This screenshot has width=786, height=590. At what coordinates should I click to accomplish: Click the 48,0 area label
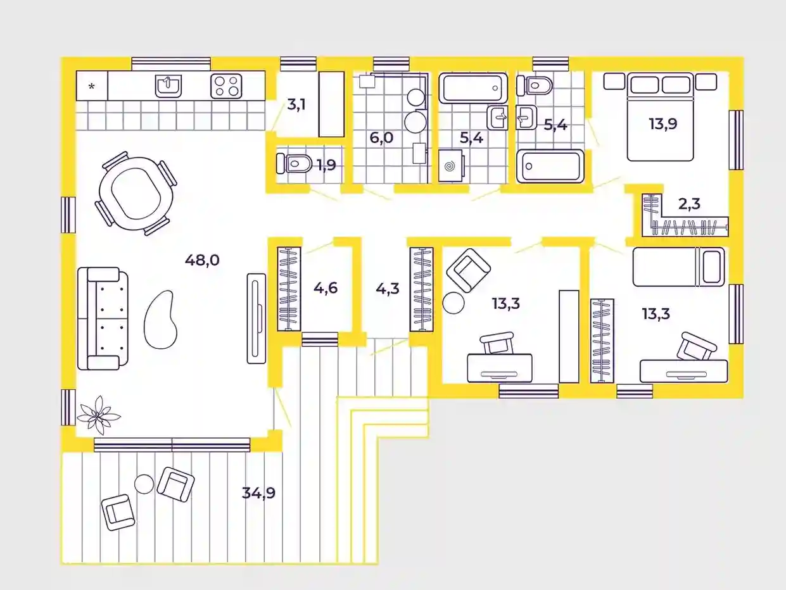pos(202,260)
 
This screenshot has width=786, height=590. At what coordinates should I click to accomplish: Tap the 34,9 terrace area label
pos(258,493)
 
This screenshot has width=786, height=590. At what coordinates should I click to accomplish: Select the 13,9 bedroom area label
pos(663,124)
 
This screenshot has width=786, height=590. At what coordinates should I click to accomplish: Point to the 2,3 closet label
pos(689,204)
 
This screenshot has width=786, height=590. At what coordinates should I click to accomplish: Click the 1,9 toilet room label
pos(327,165)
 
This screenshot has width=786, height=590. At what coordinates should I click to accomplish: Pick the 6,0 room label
pos(381,137)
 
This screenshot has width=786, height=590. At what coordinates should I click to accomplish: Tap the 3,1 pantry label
pos(296,105)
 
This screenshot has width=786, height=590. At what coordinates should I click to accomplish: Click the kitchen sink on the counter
pos(168,86)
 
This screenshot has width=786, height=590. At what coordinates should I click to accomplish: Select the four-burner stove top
pos(226,86)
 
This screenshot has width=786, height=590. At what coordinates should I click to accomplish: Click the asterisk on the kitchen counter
pos(92,86)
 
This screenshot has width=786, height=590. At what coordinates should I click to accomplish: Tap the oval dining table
pos(136,193)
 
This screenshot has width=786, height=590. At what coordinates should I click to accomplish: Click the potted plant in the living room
pos(98,415)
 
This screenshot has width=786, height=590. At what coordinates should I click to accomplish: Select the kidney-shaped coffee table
pos(160,320)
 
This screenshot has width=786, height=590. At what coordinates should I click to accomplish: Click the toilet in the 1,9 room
pos(294,164)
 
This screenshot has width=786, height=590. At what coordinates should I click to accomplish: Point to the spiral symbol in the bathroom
pos(450,166)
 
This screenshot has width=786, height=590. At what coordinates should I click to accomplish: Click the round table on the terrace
pos(144,484)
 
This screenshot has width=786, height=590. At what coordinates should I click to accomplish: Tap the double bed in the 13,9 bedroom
pos(661,117)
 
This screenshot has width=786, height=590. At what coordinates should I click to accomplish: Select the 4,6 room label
pos(326,287)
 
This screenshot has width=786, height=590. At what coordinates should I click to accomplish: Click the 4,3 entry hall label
pos(388,288)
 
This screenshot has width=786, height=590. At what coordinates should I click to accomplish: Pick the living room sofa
pos(103,318)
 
